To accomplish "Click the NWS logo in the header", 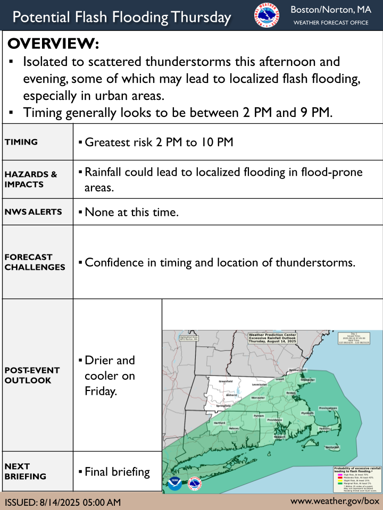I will click(x=267, y=15).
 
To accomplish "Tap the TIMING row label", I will click(x=21, y=142).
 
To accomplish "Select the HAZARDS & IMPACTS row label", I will click(x=31, y=179).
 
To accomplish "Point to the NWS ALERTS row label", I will click(x=34, y=211).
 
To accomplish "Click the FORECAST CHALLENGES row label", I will click(x=35, y=262).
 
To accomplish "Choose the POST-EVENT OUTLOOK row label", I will click(x=32, y=375).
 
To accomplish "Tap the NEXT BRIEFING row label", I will click(x=25, y=471).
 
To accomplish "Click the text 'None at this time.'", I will click(x=131, y=212).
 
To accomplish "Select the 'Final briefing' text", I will click(x=118, y=471).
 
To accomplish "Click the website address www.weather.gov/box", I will click(x=335, y=501).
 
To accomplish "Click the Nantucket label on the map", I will click(x=332, y=448).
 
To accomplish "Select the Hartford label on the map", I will click(x=219, y=423).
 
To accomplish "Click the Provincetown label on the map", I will click(x=328, y=408).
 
